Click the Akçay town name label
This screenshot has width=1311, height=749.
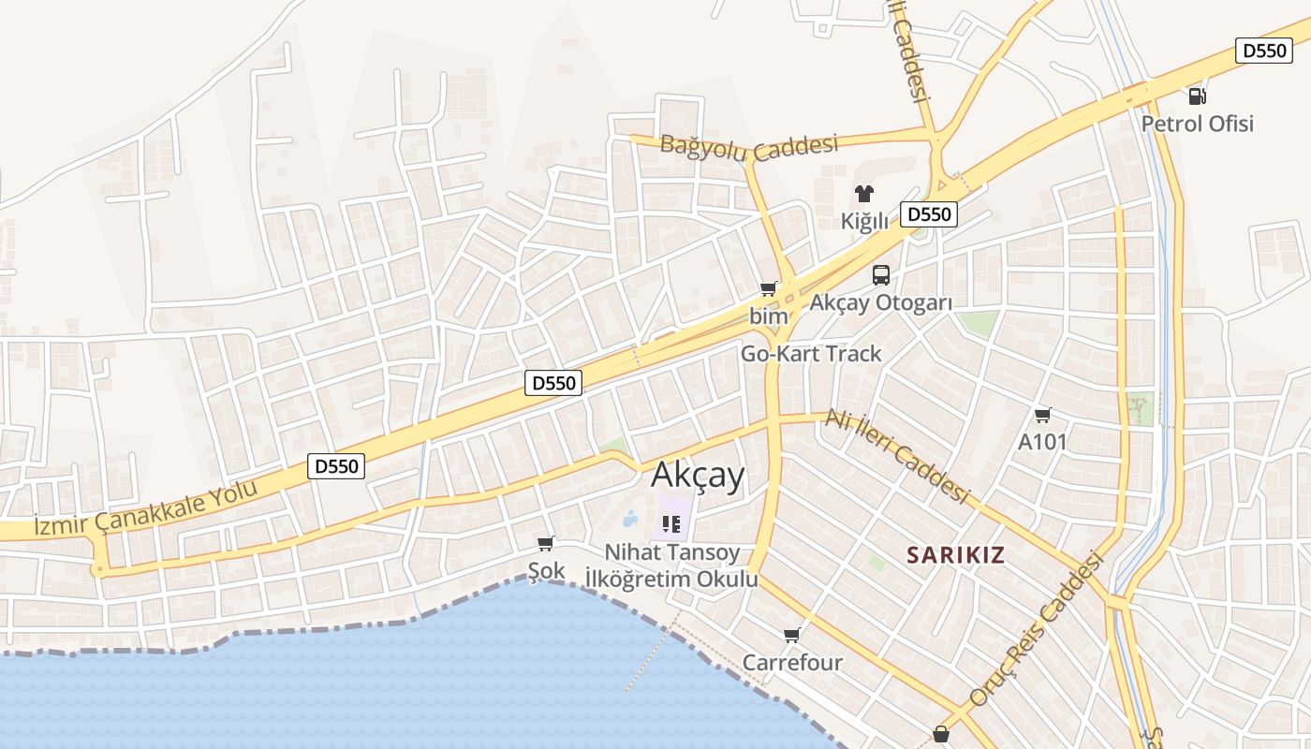click(699, 476)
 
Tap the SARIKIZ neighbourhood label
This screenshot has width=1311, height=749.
click(955, 554)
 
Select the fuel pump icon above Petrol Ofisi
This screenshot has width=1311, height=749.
click(1197, 95)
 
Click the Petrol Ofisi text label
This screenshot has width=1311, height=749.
click(1197, 124)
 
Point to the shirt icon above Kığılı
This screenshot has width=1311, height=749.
click(863, 194)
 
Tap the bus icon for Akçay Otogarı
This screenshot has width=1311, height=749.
click(881, 274)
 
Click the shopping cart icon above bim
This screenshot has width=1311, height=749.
click(769, 288)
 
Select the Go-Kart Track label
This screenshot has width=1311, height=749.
click(811, 353)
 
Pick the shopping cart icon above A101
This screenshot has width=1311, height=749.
click(1042, 415)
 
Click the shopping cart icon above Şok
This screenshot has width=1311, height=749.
click(546, 543)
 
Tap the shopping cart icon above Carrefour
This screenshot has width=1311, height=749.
click(792, 635)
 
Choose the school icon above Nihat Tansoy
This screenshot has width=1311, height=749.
click(670, 523)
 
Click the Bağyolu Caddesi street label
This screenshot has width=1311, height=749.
click(748, 146)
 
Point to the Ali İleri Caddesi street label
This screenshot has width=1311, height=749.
click(896, 457)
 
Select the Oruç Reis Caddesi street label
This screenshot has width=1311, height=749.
click(1037, 630)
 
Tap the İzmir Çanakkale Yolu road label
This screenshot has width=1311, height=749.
click(145, 510)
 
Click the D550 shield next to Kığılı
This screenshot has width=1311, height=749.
click(929, 214)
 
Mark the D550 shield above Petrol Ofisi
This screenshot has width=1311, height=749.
click(1264, 51)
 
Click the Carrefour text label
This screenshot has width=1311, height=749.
click(792, 663)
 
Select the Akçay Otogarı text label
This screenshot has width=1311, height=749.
click(880, 302)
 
